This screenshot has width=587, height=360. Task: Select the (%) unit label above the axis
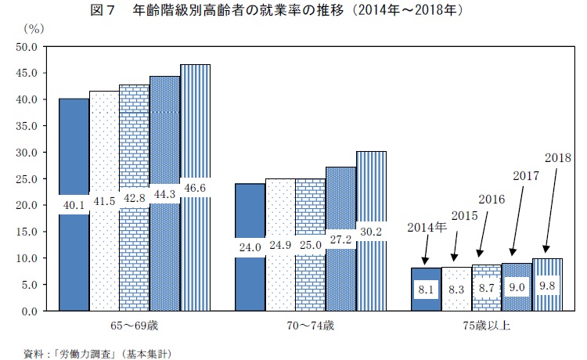point(34,28)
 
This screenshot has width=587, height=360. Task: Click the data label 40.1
point(73,204)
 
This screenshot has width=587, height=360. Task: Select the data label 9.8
point(546,285)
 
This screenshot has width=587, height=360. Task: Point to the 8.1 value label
point(425,288)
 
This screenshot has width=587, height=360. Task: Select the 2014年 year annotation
point(427,228)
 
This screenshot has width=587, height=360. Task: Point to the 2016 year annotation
point(490,199)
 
